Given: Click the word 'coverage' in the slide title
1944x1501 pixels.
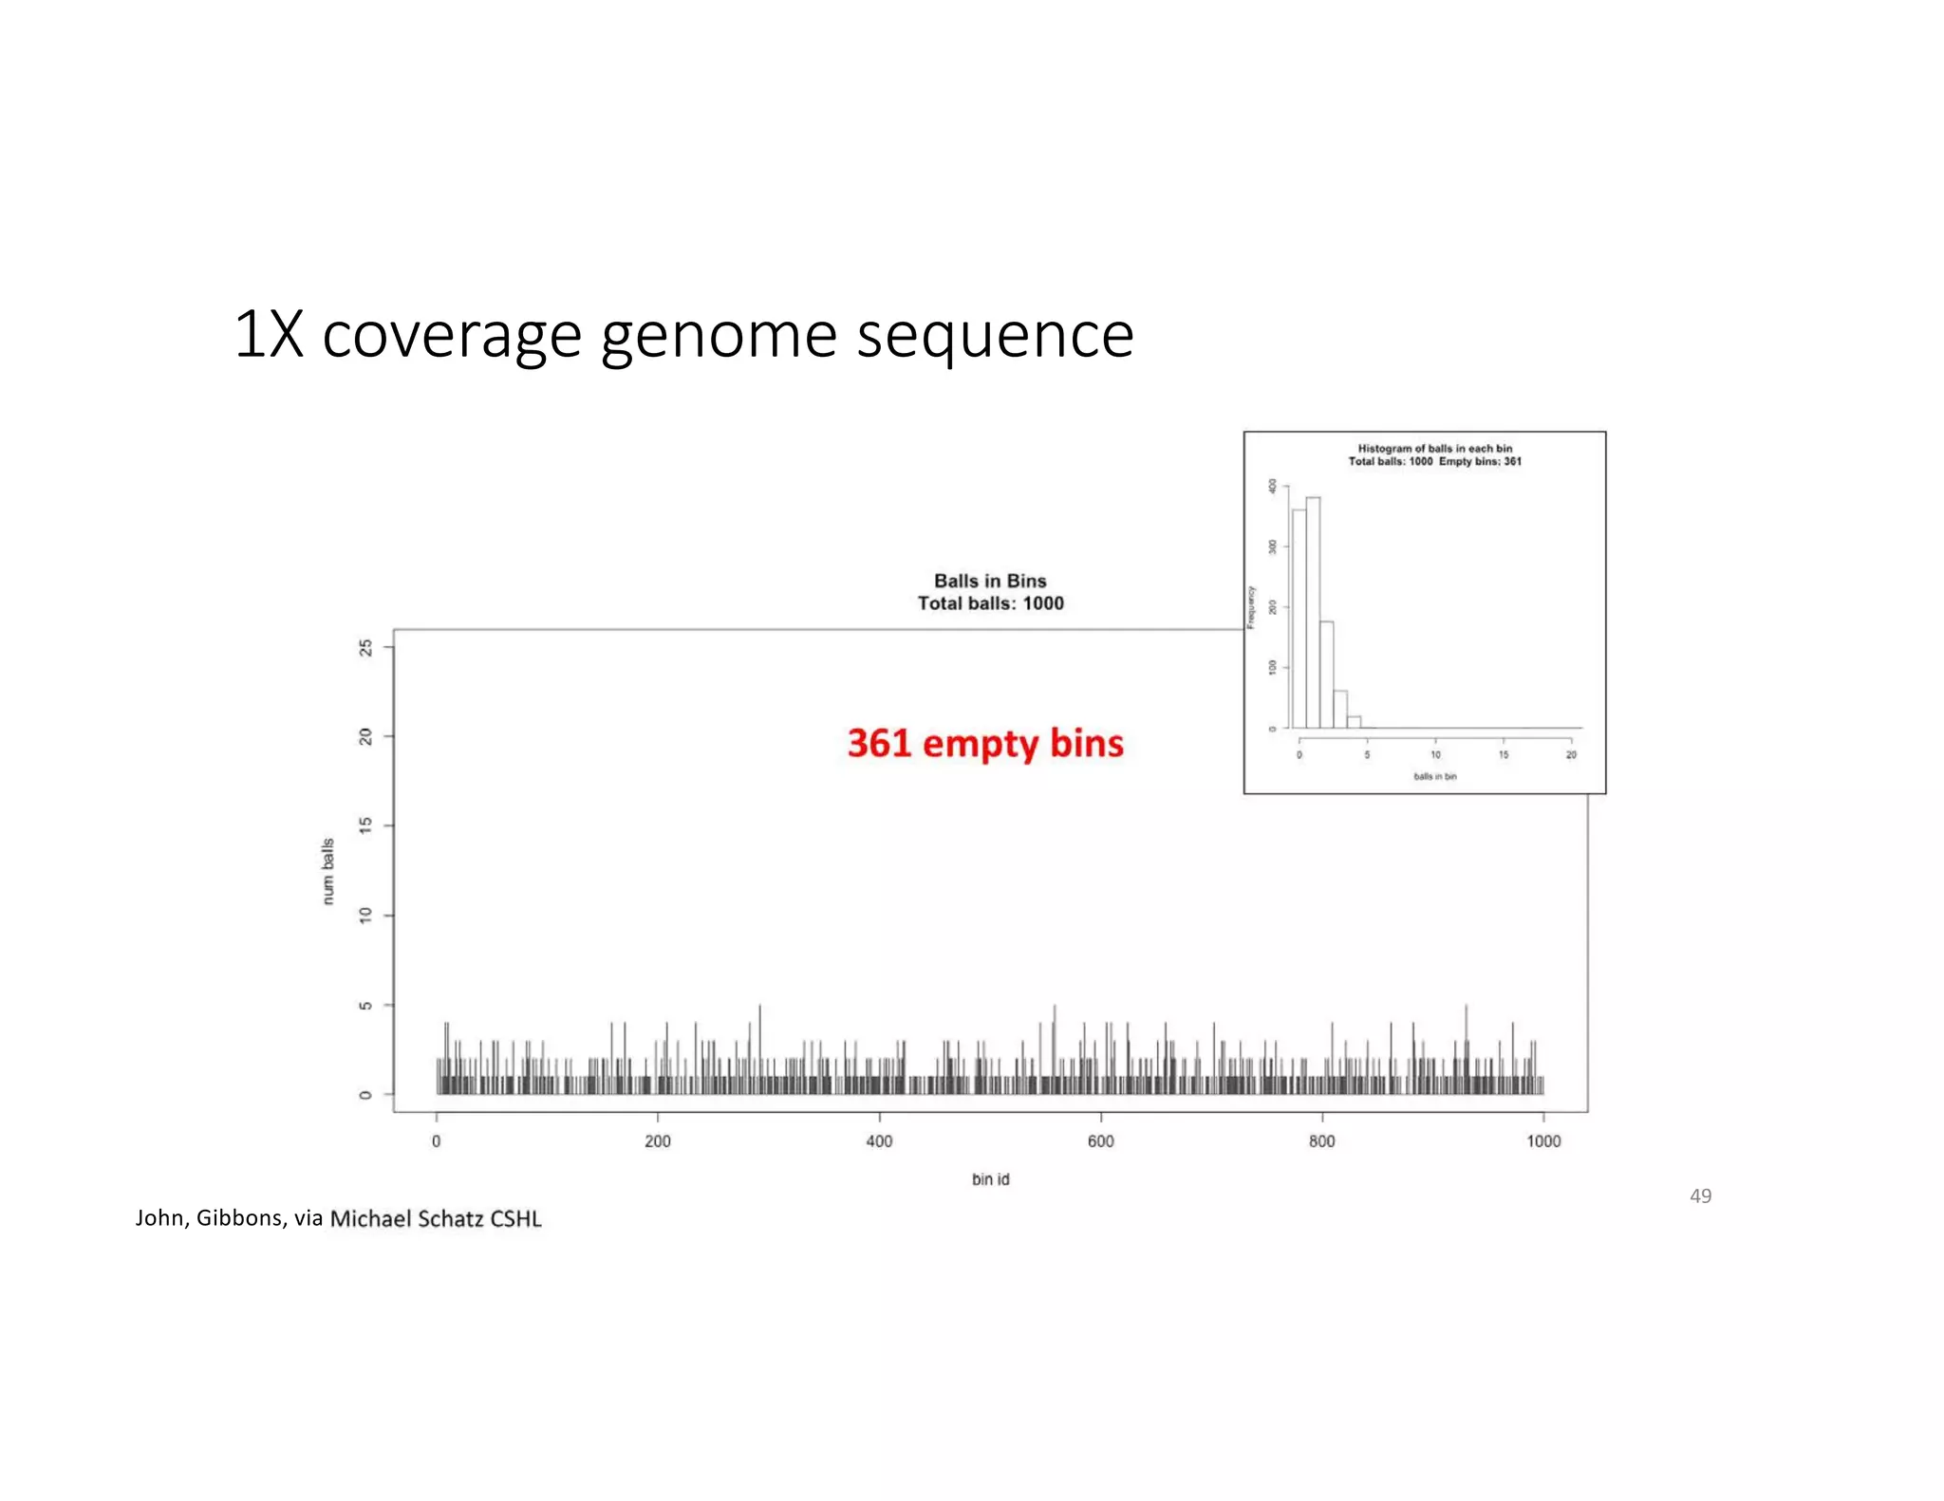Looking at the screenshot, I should pyautogui.click(x=451, y=336).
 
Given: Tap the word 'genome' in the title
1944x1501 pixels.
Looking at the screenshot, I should pyautogui.click(x=719, y=336).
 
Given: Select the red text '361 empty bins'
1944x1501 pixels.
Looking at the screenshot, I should pyautogui.click(x=985, y=744).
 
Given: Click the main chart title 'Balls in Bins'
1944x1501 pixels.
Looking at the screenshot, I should pyautogui.click(x=990, y=581).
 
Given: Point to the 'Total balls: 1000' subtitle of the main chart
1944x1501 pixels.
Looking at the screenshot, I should pyautogui.click(x=990, y=603).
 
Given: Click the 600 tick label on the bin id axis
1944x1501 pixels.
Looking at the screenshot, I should pyautogui.click(x=1100, y=1141).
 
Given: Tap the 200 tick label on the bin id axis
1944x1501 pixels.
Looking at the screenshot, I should pyautogui.click(x=657, y=1141).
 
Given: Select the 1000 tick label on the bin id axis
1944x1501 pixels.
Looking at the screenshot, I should pyautogui.click(x=1543, y=1141).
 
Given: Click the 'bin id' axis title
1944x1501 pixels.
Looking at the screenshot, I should pyautogui.click(x=990, y=1179).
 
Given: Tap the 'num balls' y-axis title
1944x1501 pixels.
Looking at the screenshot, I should pyautogui.click(x=328, y=871).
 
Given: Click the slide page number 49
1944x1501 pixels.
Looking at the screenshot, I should pyautogui.click(x=1700, y=1196).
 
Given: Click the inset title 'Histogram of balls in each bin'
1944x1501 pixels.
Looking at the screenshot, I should pyautogui.click(x=1434, y=449).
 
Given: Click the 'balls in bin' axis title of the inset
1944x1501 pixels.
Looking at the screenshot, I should pyautogui.click(x=1434, y=777).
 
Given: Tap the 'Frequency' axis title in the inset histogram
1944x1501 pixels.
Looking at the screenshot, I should pyautogui.click(x=1251, y=607).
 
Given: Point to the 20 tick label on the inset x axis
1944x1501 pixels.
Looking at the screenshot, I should pyautogui.click(x=1571, y=755).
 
